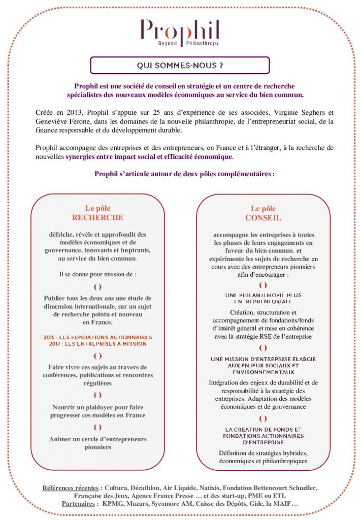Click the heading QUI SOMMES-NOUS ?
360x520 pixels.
180,66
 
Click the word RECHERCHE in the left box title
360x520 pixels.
97,217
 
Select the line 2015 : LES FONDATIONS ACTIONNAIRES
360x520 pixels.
97,337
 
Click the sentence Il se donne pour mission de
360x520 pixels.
97,274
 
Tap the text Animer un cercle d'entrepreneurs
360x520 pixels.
97,439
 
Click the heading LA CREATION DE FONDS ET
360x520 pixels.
263,429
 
